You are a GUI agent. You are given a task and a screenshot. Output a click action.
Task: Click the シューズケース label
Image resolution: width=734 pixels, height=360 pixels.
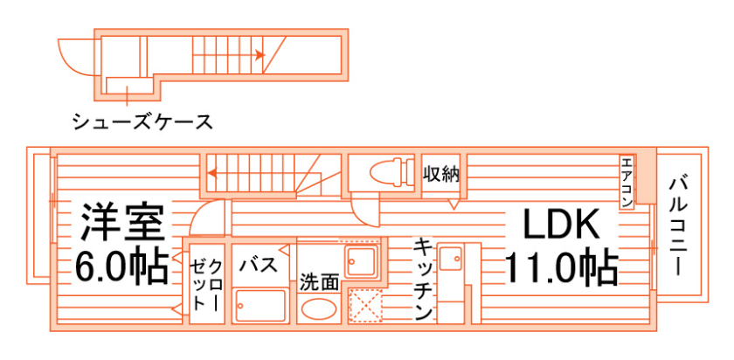142,121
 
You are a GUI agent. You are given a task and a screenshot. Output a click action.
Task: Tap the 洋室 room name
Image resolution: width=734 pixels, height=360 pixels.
122,223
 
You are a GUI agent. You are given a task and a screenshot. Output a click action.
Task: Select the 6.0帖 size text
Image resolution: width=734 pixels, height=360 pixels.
122,267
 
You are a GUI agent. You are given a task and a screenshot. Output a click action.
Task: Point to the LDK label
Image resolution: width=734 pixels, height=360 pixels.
562,226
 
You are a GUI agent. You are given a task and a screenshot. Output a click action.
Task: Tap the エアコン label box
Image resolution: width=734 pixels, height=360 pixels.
627,183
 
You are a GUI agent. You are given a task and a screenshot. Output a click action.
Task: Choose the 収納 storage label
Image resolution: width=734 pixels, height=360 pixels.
440,173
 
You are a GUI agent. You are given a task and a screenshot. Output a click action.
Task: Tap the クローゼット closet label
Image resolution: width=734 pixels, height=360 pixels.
206,285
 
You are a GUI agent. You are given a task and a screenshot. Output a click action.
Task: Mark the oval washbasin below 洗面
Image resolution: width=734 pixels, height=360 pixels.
318,310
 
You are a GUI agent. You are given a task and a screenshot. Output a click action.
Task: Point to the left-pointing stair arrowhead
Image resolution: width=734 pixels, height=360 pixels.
212,173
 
